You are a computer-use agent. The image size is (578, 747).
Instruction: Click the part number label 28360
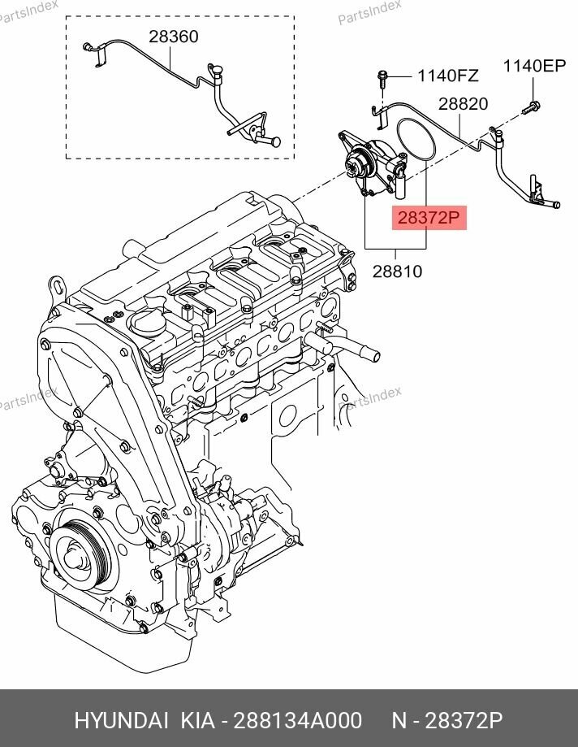(x=172, y=37)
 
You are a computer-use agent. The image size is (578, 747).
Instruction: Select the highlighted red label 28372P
(x=428, y=218)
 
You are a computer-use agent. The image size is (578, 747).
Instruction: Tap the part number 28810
(x=397, y=271)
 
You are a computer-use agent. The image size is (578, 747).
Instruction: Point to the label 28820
(x=463, y=104)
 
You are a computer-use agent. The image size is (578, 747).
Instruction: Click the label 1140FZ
(x=447, y=76)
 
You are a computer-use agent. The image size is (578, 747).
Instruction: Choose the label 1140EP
(x=533, y=67)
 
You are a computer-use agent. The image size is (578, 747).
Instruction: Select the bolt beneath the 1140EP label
(x=532, y=106)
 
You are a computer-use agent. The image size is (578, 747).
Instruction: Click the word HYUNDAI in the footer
(x=118, y=722)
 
